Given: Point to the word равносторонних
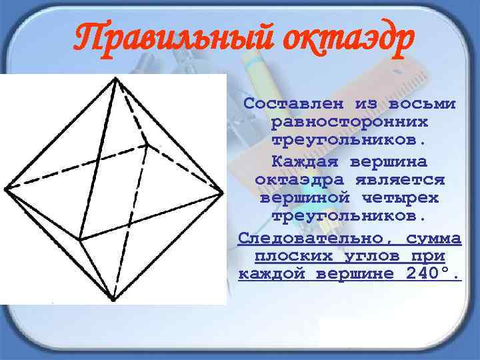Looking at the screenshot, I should (349, 123).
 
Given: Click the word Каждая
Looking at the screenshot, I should (304, 161).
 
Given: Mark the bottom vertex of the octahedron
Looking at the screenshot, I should (113, 299).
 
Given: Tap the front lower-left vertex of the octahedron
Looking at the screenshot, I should (79, 240).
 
